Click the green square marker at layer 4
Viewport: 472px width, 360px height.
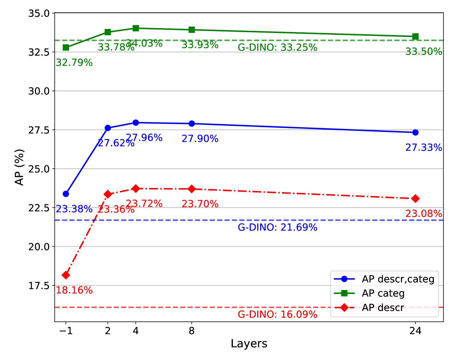[136, 28]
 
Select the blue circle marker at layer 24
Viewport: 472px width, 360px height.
[415, 132]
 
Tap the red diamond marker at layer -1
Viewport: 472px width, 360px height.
[66, 275]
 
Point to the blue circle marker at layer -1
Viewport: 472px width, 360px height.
[66, 194]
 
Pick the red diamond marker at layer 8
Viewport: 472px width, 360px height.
[192, 189]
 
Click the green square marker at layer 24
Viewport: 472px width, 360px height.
[415, 36]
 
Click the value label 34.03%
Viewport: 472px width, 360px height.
[144, 44]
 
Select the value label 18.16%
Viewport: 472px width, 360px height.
[74, 290]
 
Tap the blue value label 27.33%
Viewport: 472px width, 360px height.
[424, 148]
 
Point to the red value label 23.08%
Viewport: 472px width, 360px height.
[424, 214]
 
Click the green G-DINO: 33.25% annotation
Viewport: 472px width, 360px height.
[277, 48]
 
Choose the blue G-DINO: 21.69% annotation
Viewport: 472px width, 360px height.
[277, 228]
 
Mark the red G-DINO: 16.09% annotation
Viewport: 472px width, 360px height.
[277, 315]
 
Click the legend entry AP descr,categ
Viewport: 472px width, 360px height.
[398, 279]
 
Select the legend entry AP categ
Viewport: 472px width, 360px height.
[383, 293]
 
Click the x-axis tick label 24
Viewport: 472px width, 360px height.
[415, 331]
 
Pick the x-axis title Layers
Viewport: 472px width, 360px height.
[249, 344]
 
